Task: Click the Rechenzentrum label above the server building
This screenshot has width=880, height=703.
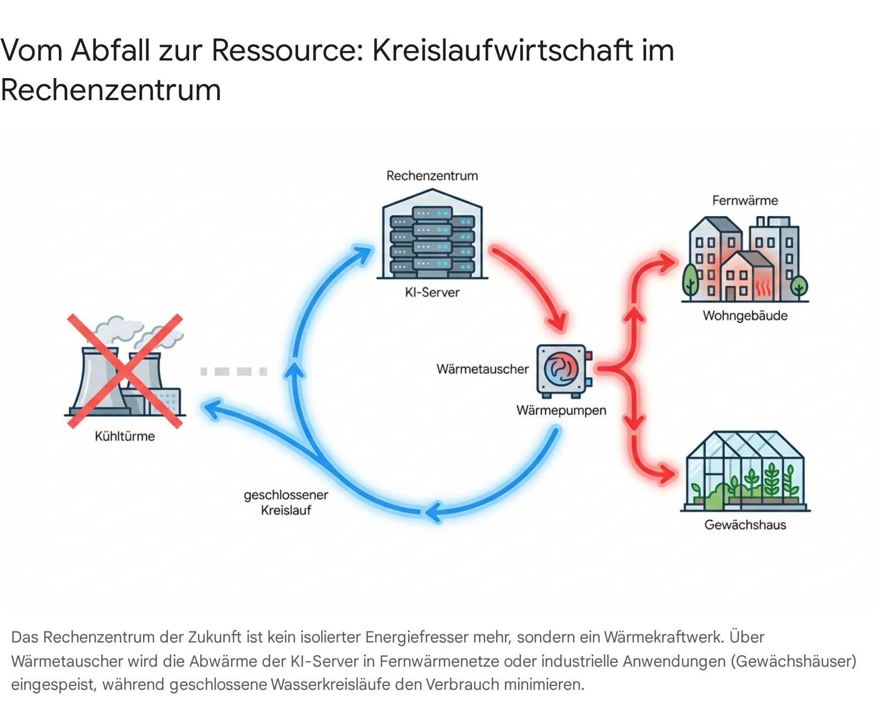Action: coord(432,176)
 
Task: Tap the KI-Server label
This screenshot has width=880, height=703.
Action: coord(432,293)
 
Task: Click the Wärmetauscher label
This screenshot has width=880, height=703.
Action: coord(482,369)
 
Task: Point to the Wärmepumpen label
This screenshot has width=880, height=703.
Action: coord(561,410)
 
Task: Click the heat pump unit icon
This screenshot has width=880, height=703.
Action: coord(563,370)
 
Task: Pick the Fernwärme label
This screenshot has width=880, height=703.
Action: coord(745,201)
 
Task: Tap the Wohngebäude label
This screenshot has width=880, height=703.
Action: coord(745,316)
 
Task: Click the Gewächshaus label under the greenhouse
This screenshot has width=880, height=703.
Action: coord(745,525)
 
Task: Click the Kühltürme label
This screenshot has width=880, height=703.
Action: coord(125,437)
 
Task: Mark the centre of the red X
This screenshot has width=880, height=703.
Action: coord(125,371)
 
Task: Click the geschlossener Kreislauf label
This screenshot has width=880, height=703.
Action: coord(286,503)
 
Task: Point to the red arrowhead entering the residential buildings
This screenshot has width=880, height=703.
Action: coord(668,263)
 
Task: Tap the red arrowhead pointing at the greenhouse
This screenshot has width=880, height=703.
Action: coord(668,474)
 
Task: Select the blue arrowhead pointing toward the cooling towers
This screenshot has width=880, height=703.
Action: coord(211,409)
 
